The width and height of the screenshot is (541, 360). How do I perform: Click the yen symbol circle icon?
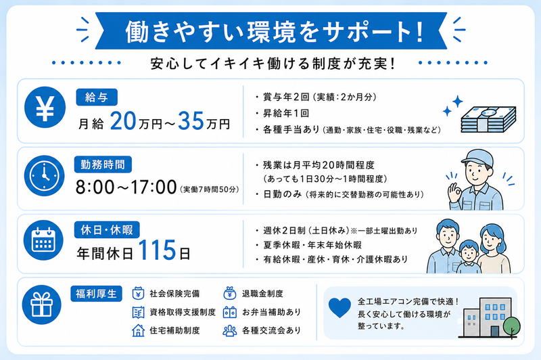click(x=45, y=108)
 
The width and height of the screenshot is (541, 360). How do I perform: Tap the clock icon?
click(x=44, y=175)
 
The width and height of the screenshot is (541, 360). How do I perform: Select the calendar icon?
click(x=43, y=240)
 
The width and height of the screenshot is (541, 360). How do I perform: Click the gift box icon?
click(x=42, y=305)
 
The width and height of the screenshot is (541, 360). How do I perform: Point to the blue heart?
click(x=339, y=307)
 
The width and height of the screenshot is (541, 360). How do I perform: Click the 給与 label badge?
click(x=97, y=97)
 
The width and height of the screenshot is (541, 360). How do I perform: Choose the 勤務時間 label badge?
click(x=103, y=164)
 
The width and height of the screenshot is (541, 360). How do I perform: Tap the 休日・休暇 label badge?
click(x=107, y=230)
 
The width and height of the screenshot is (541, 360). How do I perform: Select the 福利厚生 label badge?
click(x=96, y=294)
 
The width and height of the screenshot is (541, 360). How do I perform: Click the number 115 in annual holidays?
click(x=158, y=250)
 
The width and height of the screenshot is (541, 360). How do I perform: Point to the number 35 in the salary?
click(x=191, y=121)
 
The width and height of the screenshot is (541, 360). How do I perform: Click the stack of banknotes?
click(x=488, y=119)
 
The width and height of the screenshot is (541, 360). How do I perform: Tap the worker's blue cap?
click(x=477, y=156)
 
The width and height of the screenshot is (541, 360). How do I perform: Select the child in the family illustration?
click(x=469, y=257)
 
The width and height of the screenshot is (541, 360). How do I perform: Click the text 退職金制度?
click(x=262, y=294)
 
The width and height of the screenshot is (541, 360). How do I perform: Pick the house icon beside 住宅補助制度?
click(x=139, y=330)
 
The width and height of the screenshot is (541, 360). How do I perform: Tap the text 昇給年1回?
click(x=286, y=113)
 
